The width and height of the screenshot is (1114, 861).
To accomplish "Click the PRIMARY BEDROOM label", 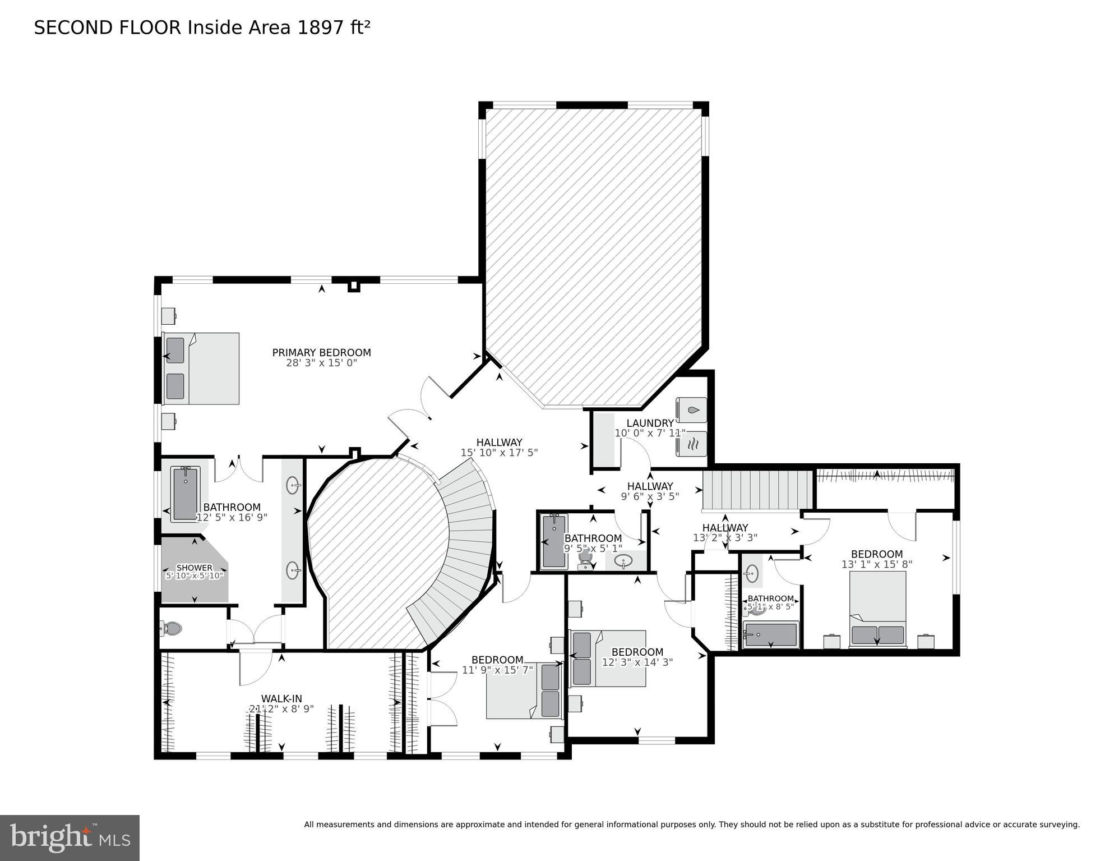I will [x=321, y=353].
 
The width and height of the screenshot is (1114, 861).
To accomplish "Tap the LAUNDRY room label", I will [x=650, y=423].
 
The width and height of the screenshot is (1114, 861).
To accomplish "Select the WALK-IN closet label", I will [x=281, y=698].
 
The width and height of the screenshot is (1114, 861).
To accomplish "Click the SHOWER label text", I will [x=195, y=568].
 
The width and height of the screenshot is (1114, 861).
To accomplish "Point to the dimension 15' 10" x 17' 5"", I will [x=499, y=453].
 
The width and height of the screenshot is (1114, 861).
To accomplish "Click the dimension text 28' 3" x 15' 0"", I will [x=321, y=363].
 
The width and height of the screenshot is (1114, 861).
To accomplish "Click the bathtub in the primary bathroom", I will [x=186, y=494].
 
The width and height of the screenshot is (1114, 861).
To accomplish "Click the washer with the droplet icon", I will [x=692, y=410].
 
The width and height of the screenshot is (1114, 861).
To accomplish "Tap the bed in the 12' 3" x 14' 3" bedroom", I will [x=608, y=658].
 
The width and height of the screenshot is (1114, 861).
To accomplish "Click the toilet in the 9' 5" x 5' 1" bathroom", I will [x=585, y=559].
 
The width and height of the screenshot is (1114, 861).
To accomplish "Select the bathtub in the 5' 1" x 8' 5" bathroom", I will [x=770, y=634].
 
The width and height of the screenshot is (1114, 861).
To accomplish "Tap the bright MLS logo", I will [x=70, y=838].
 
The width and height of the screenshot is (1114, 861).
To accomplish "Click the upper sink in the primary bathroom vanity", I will [x=293, y=485].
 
